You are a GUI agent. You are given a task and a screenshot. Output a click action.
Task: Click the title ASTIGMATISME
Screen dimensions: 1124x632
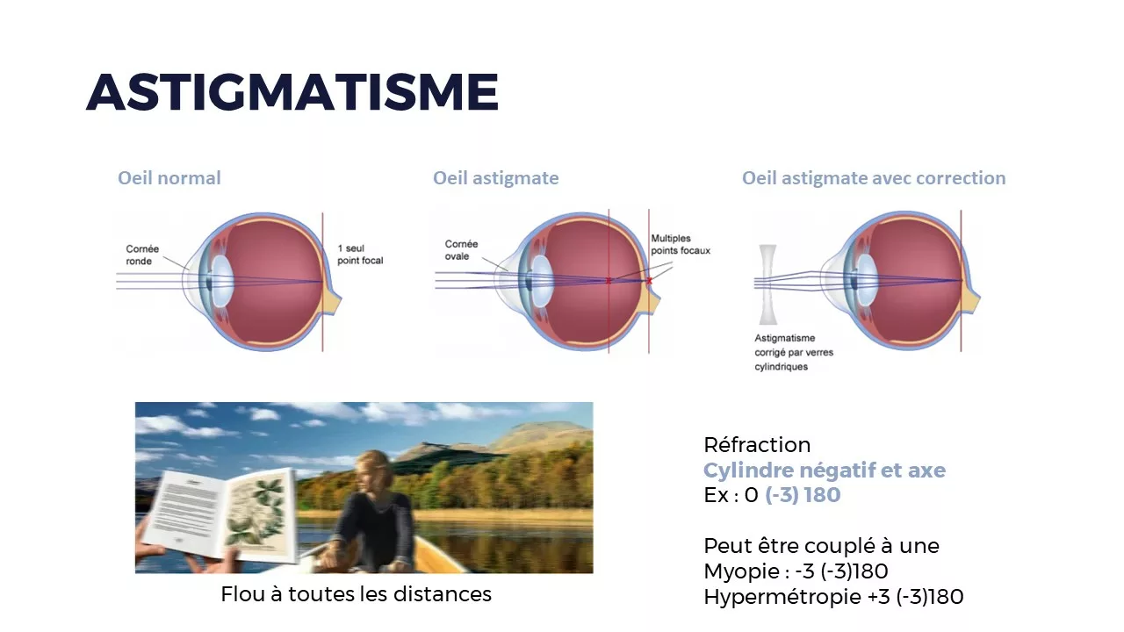click(x=292, y=91)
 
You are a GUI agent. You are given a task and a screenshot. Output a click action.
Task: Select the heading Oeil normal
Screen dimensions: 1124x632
click(x=169, y=178)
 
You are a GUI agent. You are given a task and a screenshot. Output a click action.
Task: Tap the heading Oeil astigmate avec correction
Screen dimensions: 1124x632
click(x=874, y=178)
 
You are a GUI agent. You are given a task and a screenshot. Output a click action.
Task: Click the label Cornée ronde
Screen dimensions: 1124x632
click(x=142, y=255)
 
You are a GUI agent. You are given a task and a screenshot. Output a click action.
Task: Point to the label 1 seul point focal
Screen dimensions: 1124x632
click(x=360, y=255)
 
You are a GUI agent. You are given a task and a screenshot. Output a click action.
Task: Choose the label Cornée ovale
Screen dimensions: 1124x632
click(x=461, y=250)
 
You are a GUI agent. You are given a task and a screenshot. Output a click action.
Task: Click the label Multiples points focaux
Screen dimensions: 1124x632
click(x=681, y=244)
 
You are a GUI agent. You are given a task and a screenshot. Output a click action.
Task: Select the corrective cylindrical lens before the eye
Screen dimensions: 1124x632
click(x=767, y=284)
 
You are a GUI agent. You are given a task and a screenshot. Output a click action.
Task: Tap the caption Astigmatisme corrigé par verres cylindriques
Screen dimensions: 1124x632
click(x=793, y=352)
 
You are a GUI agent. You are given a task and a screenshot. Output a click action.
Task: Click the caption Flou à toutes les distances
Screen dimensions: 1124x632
click(x=356, y=594)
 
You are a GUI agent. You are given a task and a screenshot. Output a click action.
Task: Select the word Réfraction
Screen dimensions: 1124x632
click(x=757, y=444)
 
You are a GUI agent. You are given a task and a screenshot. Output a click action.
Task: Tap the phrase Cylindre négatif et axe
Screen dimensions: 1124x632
click(x=825, y=470)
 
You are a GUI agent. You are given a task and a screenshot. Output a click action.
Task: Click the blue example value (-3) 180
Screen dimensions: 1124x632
click(x=803, y=495)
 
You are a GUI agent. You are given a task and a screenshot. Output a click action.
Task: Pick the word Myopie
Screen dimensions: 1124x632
click(x=735, y=571)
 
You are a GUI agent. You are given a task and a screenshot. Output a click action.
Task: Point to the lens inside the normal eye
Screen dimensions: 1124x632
click(x=222, y=281)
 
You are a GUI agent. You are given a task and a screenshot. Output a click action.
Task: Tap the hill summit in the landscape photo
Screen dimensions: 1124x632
click(x=532, y=425)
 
